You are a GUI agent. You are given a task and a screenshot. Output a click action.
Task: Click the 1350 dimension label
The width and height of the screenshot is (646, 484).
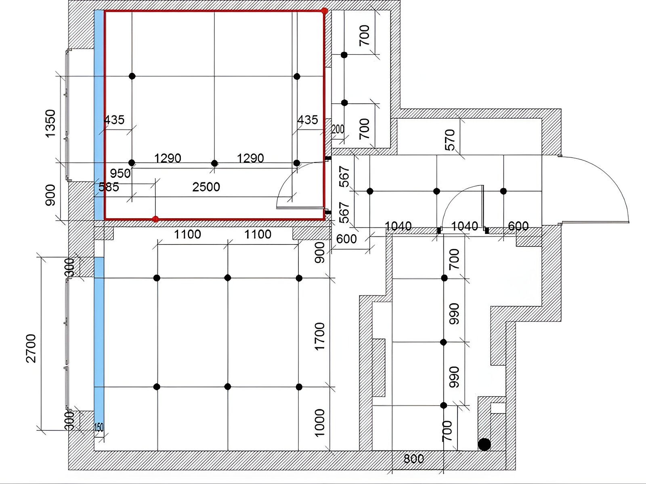point(50,123)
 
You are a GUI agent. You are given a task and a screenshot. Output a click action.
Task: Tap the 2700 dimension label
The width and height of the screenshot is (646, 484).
point(31,348)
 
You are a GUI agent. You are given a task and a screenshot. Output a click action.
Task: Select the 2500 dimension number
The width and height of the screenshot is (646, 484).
point(206,187)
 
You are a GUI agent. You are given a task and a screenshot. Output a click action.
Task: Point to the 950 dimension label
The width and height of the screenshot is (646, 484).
point(120,173)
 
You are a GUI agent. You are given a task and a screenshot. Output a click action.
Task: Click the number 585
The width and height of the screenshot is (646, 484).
point(109,187)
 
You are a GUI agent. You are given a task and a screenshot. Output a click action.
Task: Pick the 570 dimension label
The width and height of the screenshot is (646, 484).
point(450,140)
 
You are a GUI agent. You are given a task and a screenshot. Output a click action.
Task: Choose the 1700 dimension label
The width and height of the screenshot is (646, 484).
point(320,336)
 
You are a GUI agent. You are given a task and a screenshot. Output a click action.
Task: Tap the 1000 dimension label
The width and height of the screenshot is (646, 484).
point(320,423)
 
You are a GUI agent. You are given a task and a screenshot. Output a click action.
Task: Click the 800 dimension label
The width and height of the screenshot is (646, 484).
point(413,459)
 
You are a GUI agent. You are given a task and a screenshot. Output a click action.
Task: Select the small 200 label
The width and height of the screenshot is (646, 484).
point(338,129)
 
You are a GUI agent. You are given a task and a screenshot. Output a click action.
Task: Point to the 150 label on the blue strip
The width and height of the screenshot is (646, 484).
point(99,428)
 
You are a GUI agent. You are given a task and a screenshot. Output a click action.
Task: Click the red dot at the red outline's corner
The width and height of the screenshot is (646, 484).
point(325,11)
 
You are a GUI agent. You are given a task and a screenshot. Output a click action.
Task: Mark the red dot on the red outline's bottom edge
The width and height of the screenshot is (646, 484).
point(156,219)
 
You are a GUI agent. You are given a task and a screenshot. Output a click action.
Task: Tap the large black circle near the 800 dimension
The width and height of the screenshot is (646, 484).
point(484,444)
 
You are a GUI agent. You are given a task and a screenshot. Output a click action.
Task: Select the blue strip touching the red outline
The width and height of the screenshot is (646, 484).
point(99,115)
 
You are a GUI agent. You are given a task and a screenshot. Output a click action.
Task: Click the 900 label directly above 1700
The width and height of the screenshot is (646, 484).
point(320,252)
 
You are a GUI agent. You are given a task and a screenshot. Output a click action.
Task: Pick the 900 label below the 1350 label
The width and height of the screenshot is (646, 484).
point(50,195)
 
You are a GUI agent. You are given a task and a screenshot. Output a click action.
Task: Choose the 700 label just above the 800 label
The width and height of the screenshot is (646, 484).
point(447,431)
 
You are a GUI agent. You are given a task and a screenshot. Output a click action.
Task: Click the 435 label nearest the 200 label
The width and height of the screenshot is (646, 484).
point(308,120)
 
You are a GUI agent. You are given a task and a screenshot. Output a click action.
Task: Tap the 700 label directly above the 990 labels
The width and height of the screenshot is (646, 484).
point(454,259)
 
